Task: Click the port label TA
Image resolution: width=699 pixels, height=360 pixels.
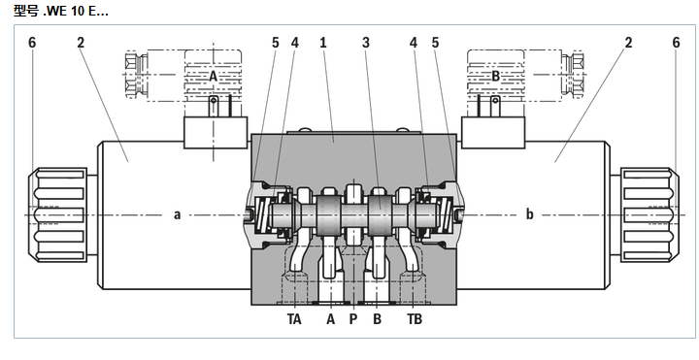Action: (x=295, y=319)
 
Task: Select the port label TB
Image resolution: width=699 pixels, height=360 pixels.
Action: (x=415, y=319)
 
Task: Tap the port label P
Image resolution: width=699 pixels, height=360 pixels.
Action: (x=353, y=319)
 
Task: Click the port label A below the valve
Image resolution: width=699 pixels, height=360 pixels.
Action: (x=330, y=319)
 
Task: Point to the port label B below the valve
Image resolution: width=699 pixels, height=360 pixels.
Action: (x=377, y=319)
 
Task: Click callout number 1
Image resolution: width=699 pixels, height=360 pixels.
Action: (x=323, y=43)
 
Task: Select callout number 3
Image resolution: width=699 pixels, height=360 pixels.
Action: (x=366, y=43)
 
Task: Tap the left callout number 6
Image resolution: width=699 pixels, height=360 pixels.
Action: (x=32, y=43)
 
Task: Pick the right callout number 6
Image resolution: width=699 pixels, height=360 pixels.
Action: (x=677, y=43)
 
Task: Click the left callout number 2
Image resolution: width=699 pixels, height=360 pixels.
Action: (x=81, y=43)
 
